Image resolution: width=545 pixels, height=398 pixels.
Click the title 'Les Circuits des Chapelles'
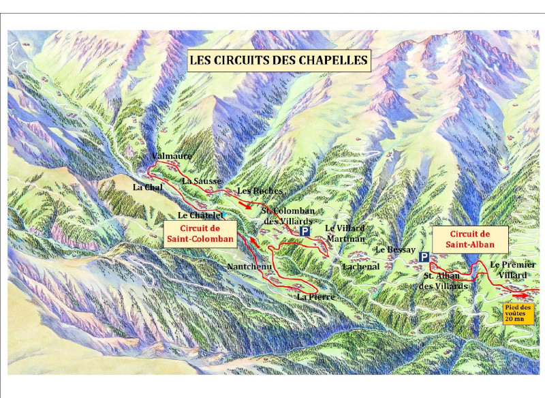(279, 60)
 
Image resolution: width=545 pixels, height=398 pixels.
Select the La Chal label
(146, 187)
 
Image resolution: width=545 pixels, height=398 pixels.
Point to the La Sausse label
(202, 181)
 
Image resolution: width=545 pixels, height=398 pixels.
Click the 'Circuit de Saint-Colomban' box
(200, 234)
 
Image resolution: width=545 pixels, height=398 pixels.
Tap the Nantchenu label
(249, 266)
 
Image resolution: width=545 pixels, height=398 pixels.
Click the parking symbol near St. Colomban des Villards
(306, 232)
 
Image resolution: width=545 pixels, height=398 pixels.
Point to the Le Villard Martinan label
(345, 232)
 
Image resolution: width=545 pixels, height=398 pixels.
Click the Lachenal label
(361, 266)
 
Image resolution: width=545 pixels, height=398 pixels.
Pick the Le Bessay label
(395, 250)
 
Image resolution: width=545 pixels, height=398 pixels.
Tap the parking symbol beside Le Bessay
(424, 257)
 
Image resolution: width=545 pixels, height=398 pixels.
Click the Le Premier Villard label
(513, 269)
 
